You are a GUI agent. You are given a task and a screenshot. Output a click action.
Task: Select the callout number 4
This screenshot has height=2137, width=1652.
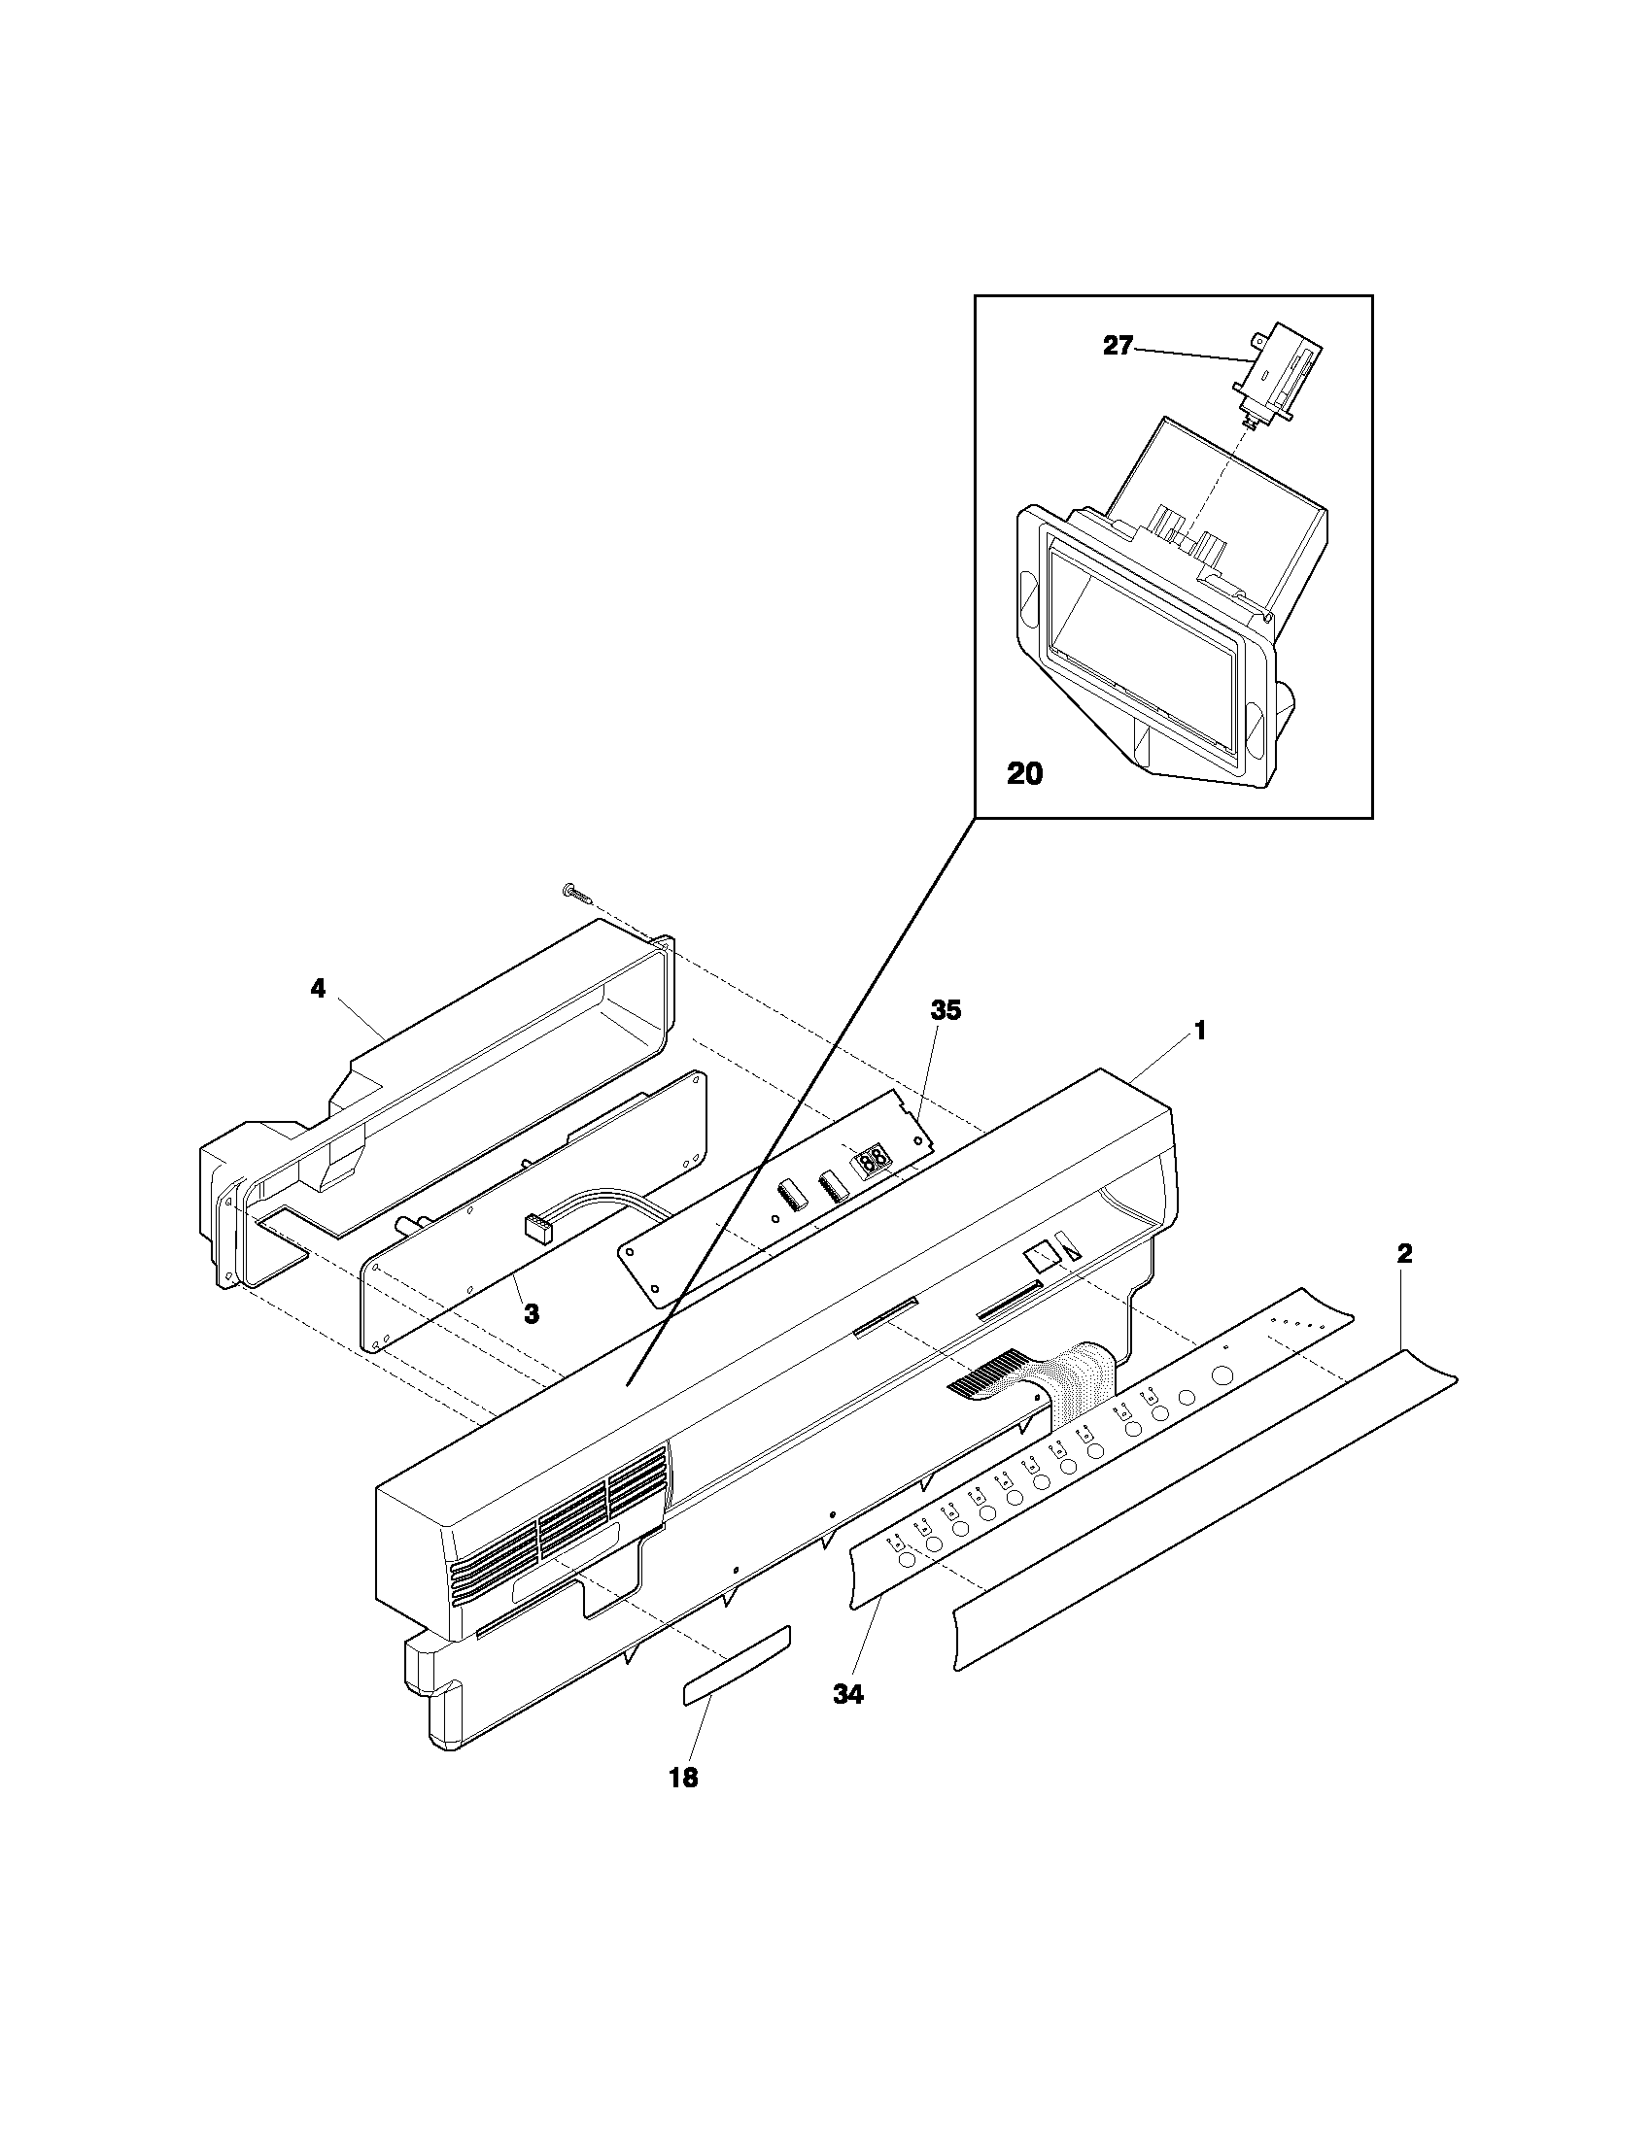[x=317, y=989]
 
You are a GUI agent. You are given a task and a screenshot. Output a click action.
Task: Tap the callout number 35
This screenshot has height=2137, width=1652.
[x=946, y=1011]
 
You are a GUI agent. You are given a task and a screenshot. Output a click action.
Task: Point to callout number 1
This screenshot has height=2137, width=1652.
[x=1199, y=1031]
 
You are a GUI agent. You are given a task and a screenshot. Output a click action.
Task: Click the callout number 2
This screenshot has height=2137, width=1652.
[x=1404, y=1254]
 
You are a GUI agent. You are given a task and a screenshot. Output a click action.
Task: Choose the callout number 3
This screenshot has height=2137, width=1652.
[x=531, y=1314]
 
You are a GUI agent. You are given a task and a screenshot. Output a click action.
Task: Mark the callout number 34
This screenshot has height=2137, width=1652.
[x=848, y=1696]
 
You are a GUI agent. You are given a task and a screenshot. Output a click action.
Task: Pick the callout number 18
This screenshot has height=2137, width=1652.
[x=683, y=1778]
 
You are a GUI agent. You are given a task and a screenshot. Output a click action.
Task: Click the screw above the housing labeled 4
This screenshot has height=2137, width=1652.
[x=574, y=892]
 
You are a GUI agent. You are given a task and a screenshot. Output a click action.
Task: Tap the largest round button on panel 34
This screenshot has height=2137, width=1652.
[x=1222, y=1374]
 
